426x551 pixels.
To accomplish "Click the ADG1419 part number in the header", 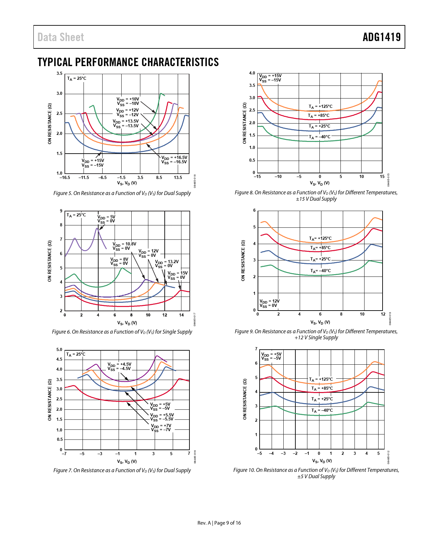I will point(382,37).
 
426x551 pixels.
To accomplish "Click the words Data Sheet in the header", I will point(61,37).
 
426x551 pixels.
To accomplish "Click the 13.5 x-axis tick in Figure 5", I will point(178,178).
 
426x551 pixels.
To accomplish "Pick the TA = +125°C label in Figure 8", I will point(320,107).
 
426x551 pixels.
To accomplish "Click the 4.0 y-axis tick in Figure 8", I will point(252,73).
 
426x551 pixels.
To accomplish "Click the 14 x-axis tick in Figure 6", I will point(181,315).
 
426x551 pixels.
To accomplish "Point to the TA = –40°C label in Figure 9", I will point(320,271).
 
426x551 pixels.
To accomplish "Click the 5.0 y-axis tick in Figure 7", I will point(59,350).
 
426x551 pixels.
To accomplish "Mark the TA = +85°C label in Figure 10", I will point(322,388).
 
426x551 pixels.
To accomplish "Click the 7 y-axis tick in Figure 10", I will point(256,349).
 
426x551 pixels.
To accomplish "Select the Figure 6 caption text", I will point(122,332).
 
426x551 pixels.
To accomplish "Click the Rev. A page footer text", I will point(219,523).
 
